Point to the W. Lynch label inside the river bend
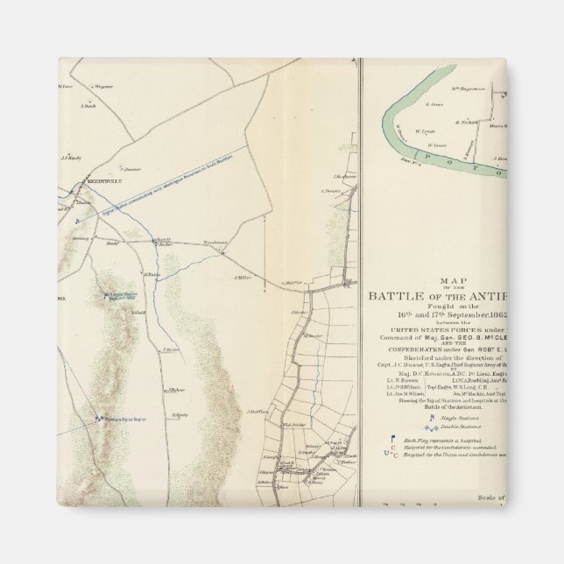click(x=425, y=131)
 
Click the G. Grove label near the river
click(x=432, y=103)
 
